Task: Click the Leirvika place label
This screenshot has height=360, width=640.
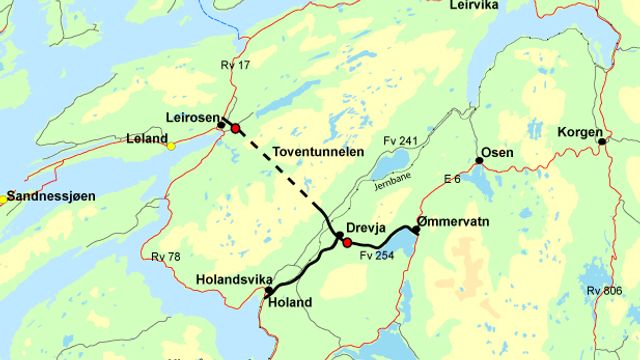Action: click(474, 6)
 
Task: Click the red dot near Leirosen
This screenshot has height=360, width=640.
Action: click(235, 129)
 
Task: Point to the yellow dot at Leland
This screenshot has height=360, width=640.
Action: click(171, 146)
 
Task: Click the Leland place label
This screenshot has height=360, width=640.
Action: click(146, 138)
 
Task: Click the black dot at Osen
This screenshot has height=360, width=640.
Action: click(479, 160)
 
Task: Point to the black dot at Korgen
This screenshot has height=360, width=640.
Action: click(602, 141)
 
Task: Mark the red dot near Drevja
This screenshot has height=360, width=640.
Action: click(347, 243)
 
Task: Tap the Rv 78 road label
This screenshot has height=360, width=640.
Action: click(166, 258)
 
